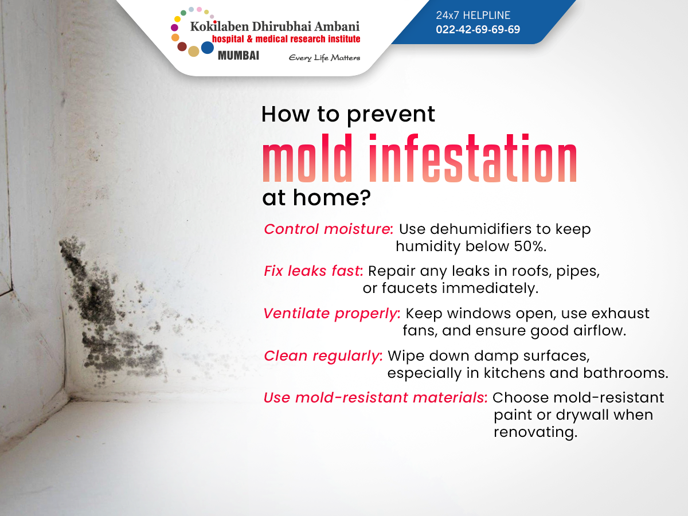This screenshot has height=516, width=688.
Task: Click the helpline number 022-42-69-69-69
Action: click(478, 29)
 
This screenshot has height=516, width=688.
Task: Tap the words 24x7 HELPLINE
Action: click(473, 15)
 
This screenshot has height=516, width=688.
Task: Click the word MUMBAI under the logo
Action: click(239, 56)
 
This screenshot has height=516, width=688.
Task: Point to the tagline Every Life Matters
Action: click(325, 58)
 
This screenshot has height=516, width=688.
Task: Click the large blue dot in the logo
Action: click(208, 48)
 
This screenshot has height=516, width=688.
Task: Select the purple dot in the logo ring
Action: click(175, 28)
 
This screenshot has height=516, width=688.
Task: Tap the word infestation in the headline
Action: click(472, 158)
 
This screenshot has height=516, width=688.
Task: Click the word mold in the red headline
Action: click(307, 158)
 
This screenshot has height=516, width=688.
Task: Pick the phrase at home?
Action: click(316, 198)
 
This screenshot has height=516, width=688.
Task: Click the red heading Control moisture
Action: click(328, 229)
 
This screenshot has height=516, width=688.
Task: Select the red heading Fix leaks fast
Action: click(314, 271)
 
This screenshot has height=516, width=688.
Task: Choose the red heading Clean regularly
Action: click(323, 356)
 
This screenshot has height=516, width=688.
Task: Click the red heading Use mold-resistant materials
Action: click(376, 398)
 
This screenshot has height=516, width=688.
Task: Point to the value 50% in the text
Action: click(530, 247)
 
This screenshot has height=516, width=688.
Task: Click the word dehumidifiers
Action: click(481, 229)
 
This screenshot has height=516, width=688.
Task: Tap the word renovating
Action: click(535, 433)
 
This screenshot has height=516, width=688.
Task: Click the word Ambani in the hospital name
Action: click(337, 26)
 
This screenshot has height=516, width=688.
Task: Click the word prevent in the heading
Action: click(391, 115)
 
